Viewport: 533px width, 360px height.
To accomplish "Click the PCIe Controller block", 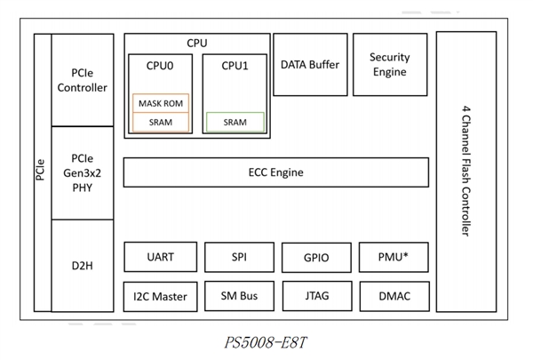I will tap(83, 80).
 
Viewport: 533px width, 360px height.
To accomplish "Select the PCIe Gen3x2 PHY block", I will tap(83, 172).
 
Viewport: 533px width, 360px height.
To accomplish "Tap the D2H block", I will tap(83, 264).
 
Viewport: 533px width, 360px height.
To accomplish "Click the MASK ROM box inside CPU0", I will tap(161, 103).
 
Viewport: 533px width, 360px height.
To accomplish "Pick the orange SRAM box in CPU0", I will tap(161, 123).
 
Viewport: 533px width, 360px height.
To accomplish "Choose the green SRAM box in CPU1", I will tap(235, 123).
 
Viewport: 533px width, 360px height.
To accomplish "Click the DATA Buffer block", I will tap(309, 64).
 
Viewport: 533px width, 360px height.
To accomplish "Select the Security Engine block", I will tap(389, 64).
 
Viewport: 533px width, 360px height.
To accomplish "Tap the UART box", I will tap(161, 257).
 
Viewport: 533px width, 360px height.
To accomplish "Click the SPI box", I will tap(239, 257).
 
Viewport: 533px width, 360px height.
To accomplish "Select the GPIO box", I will tap(315, 258).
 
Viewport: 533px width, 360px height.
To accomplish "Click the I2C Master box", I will tap(161, 295).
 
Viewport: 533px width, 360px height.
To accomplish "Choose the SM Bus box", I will tap(239, 295).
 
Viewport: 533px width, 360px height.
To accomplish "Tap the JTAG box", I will tap(315, 295).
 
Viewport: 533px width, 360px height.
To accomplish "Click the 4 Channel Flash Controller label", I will tap(465, 171).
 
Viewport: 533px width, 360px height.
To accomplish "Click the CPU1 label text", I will tap(235, 65).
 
